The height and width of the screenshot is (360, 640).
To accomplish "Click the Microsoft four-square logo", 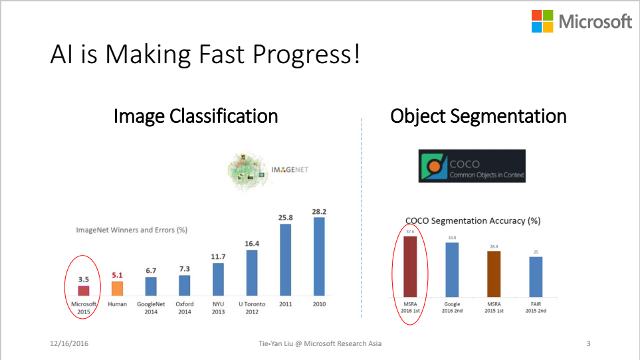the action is coord(542,21).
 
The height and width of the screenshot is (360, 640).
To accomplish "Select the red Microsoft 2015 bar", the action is coord(84,291).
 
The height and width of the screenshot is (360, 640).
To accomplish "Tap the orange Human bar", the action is coord(117,289).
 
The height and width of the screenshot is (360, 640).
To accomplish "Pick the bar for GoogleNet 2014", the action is coord(151,286).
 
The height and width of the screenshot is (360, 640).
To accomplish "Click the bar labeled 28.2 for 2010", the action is coord(319,256).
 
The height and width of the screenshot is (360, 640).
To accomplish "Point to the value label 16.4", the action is coord(252,243).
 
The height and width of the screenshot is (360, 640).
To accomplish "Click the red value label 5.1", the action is coord(117,275).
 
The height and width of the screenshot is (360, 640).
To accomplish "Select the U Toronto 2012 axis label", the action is coord(252,308).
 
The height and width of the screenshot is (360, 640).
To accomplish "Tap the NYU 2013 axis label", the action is coord(218,308).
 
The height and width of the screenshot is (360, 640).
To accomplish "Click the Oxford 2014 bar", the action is coord(185,286).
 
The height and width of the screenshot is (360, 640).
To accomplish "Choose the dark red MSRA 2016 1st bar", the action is coord(410,266).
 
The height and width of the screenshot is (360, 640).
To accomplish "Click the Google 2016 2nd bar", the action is coord(452,270).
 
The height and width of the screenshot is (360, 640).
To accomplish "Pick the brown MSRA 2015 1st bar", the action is coord(494,274).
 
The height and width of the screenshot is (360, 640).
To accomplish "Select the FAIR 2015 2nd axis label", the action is coord(536,308).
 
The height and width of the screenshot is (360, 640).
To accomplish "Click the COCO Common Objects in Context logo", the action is coord(472,166).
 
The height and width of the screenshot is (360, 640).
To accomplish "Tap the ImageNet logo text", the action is coord(290,169).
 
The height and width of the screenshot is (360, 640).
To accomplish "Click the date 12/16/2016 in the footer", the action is coord(69,343).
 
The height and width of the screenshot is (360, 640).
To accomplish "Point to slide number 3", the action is coord(588,343).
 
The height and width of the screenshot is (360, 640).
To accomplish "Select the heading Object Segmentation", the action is coord(479,116).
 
